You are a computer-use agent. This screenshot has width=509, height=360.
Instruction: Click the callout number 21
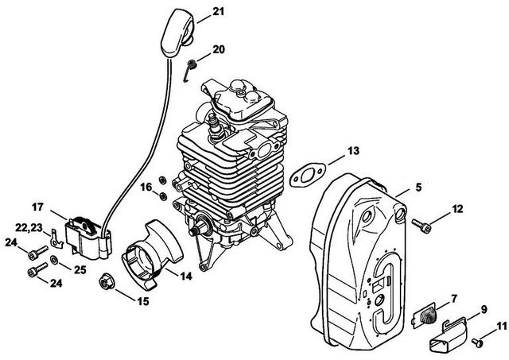(219, 12)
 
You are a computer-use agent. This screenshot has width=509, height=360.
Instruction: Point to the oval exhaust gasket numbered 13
(307, 175)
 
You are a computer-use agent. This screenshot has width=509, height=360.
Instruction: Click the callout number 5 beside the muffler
(418, 187)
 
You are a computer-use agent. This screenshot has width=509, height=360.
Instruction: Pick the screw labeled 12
(422, 226)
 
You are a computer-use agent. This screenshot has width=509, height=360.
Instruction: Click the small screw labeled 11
(476, 342)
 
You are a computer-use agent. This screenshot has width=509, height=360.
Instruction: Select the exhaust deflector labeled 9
(449, 335)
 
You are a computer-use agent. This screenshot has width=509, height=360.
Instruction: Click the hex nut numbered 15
(107, 281)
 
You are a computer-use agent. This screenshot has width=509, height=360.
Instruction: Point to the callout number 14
(186, 276)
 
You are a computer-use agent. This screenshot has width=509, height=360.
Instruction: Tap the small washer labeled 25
(54, 259)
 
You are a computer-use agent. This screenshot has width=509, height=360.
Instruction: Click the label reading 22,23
(29, 227)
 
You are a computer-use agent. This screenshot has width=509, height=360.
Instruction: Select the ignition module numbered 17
(88, 238)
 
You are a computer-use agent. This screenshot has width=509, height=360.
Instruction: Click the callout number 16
(146, 187)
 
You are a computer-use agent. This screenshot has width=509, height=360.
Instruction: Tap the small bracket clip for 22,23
(57, 238)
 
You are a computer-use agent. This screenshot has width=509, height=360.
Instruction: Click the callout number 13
(353, 151)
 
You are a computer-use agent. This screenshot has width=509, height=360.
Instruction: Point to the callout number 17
(37, 207)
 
